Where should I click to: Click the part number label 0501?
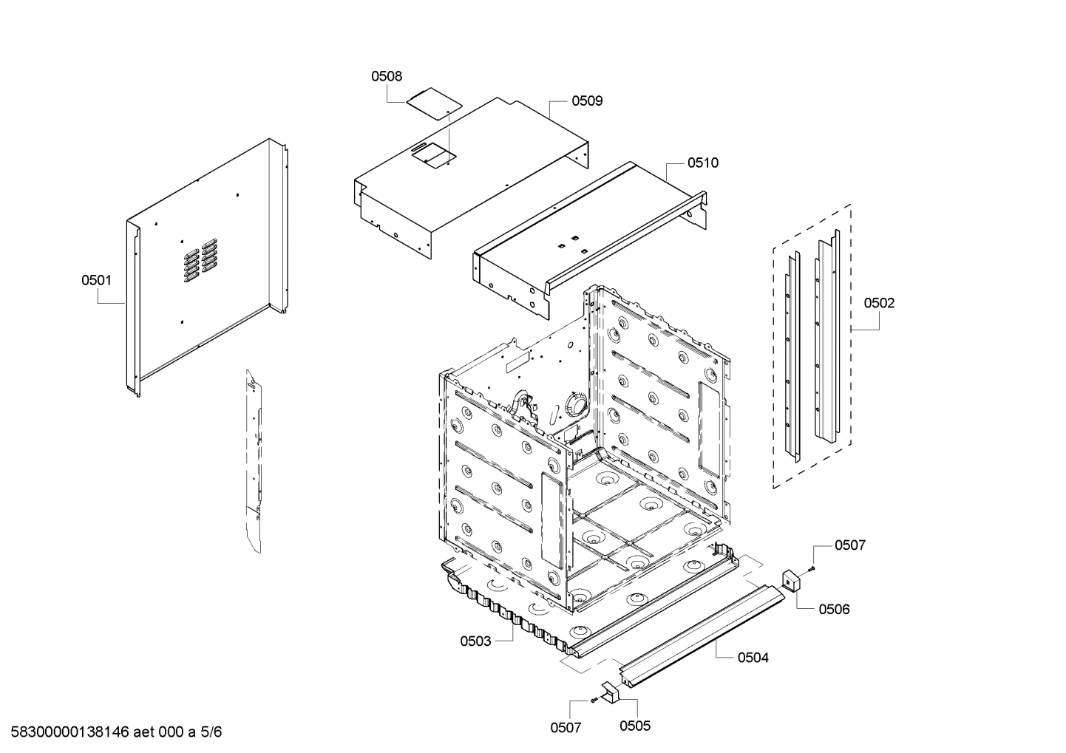click(x=96, y=280)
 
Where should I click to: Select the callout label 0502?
click(x=879, y=302)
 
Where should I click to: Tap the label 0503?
click(x=475, y=641)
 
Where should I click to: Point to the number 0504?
click(x=753, y=657)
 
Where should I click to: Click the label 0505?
click(x=635, y=726)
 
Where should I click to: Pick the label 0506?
click(x=834, y=609)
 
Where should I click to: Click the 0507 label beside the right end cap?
click(x=850, y=545)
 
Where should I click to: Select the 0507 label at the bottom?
click(x=566, y=728)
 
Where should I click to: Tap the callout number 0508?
click(x=387, y=75)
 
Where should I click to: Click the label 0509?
click(x=587, y=100)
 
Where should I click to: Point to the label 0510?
click(x=702, y=163)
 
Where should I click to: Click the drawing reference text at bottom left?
click(x=112, y=732)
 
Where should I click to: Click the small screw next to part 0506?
click(x=812, y=568)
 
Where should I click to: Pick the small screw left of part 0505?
click(x=593, y=699)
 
